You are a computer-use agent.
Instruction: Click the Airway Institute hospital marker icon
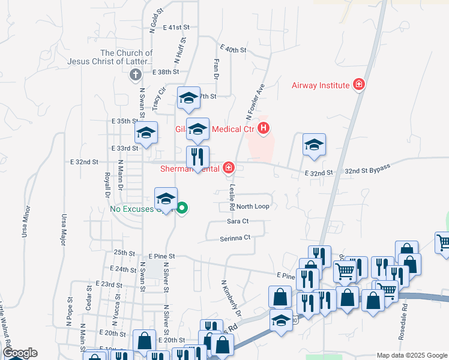359,85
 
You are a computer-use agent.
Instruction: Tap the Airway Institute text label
321,85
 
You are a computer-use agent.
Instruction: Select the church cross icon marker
135,75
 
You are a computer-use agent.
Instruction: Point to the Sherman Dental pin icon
229,168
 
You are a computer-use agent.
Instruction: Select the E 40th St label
234,49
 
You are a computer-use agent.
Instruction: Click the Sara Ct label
238,221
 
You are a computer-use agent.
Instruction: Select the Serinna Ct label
234,238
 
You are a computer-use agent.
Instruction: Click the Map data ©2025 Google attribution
411,355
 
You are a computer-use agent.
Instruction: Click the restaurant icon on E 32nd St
197,157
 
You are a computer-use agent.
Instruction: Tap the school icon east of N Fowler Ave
314,145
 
